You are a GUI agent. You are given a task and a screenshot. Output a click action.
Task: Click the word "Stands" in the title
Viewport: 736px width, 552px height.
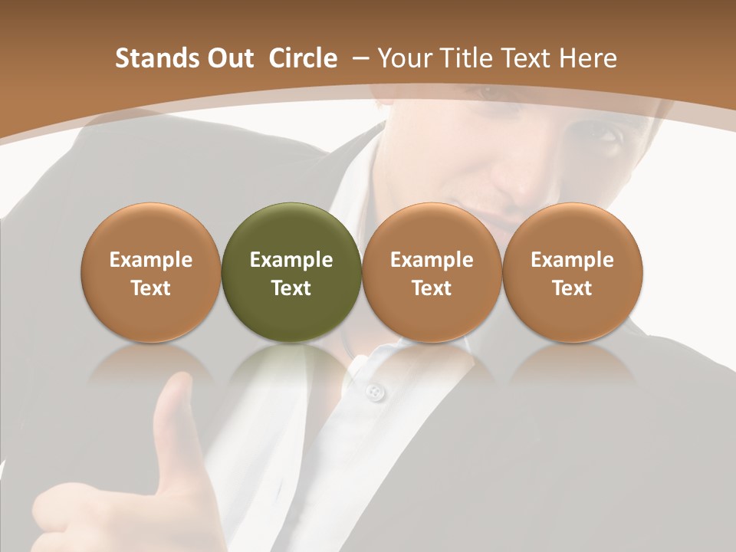point(150,58)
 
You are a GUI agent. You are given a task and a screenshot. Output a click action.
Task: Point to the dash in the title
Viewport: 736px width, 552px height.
point(360,58)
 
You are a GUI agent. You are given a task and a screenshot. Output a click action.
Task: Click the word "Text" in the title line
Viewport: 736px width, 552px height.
point(530,58)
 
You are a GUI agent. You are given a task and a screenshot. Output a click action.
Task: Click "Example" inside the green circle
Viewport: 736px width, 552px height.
point(291,260)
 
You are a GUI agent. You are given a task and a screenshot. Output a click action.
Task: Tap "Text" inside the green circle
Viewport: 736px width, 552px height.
point(291,288)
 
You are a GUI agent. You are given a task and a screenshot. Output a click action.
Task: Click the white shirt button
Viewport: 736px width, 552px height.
point(374,393)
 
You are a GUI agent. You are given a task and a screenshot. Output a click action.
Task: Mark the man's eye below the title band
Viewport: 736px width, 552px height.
point(605,136)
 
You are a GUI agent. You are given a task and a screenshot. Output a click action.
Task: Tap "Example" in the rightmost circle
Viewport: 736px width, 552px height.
point(573,260)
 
